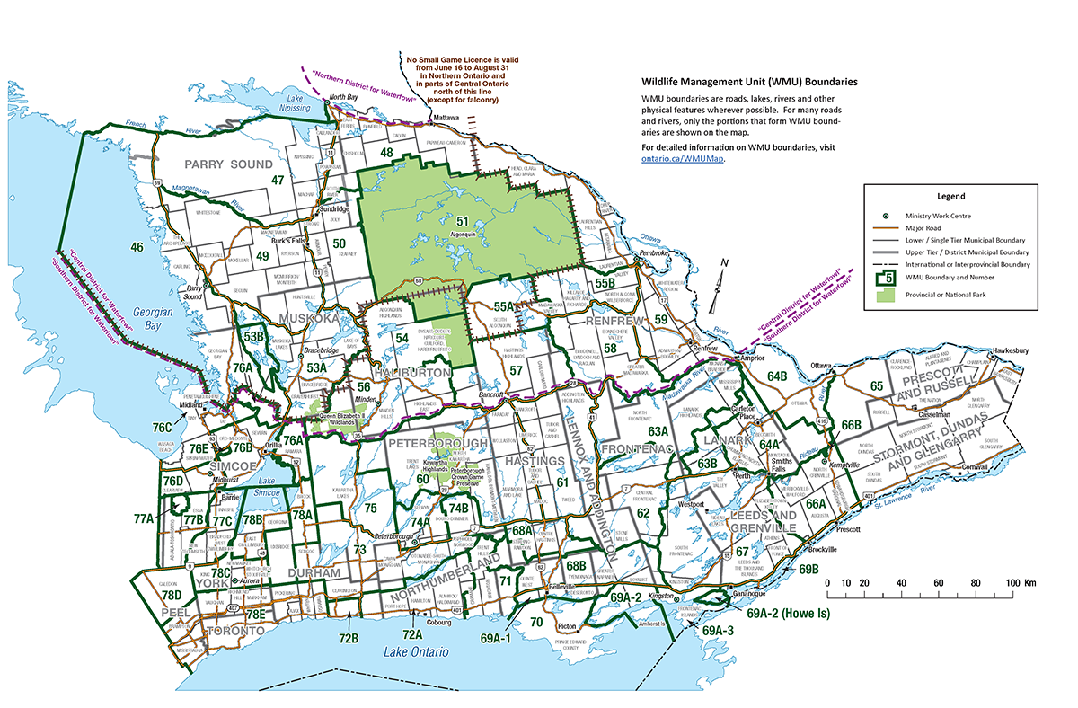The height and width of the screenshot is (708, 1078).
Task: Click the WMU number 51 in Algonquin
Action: pos(464,221)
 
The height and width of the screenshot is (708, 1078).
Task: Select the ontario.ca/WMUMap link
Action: pos(683,159)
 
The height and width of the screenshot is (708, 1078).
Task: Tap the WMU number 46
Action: pos(137,246)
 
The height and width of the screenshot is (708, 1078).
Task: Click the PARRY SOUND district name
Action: pos(227,164)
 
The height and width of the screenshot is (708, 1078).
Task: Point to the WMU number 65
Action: pos(877,385)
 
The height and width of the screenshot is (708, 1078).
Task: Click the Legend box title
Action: pos(950,196)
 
